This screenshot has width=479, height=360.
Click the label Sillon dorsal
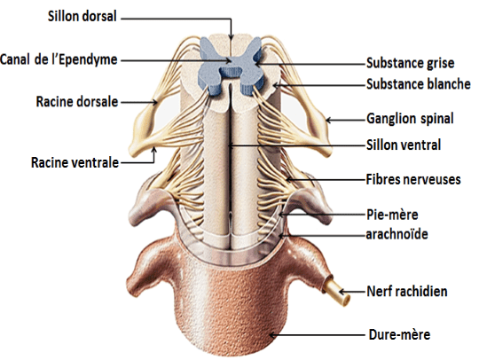click(x=82, y=16)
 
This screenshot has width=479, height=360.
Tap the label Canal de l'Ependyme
click(x=59, y=59)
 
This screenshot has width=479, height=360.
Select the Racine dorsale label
click(x=77, y=101)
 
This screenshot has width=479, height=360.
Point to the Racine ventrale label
click(x=75, y=162)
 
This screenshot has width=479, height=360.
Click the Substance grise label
click(x=411, y=63)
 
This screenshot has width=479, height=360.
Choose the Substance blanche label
click(x=419, y=84)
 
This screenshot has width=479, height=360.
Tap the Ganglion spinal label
click(x=410, y=119)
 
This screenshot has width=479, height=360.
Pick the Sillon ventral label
click(x=404, y=145)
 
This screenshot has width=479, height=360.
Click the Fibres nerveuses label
click(x=413, y=179)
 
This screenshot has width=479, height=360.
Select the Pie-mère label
click(x=392, y=215)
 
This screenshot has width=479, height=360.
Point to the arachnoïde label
click(x=397, y=234)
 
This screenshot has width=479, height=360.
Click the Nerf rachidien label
click(x=407, y=292)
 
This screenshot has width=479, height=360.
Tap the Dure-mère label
click(x=399, y=334)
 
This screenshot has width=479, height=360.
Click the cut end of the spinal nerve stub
click(x=346, y=300)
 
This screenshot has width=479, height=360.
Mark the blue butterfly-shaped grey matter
click(x=231, y=66)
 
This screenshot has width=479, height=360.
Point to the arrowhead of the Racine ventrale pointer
click(x=154, y=150)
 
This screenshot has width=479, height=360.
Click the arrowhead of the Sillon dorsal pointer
click(x=231, y=37)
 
